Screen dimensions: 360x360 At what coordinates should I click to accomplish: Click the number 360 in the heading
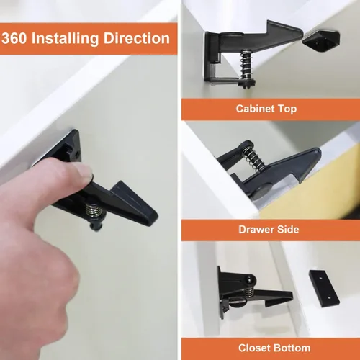(x=14, y=38)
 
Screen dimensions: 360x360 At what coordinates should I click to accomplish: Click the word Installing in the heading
(x=65, y=39)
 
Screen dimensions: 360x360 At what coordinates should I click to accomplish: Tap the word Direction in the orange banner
(x=137, y=38)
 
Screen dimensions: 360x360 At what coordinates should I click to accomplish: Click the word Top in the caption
(x=287, y=109)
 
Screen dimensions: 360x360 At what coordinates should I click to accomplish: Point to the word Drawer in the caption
(x=256, y=230)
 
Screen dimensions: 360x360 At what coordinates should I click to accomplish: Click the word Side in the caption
(x=288, y=230)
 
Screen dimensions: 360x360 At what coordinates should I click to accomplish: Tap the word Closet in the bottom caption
(x=254, y=348)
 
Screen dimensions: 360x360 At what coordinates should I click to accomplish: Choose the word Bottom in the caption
(x=292, y=348)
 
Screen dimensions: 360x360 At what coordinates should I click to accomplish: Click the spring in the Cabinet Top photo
(x=246, y=64)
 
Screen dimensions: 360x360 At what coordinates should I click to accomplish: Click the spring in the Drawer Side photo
(x=254, y=157)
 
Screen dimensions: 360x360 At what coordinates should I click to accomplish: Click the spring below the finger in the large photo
(x=94, y=209)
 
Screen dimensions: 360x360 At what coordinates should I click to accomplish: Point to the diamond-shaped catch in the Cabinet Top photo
(x=321, y=38)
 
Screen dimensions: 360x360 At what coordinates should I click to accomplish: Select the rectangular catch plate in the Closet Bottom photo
(x=324, y=289)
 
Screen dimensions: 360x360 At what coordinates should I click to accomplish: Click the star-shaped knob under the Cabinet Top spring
(x=248, y=84)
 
